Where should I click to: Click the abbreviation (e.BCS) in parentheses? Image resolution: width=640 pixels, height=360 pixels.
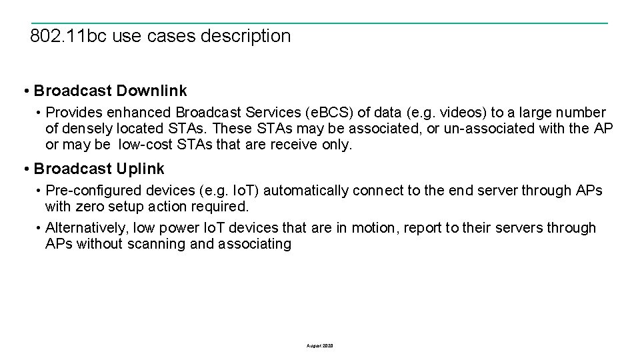(329, 113)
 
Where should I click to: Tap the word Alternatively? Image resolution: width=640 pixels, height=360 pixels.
(87, 228)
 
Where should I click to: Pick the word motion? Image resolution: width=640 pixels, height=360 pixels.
(374, 228)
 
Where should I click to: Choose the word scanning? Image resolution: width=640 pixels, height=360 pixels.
(159, 244)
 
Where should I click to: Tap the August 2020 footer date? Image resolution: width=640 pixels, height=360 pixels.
(320, 346)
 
